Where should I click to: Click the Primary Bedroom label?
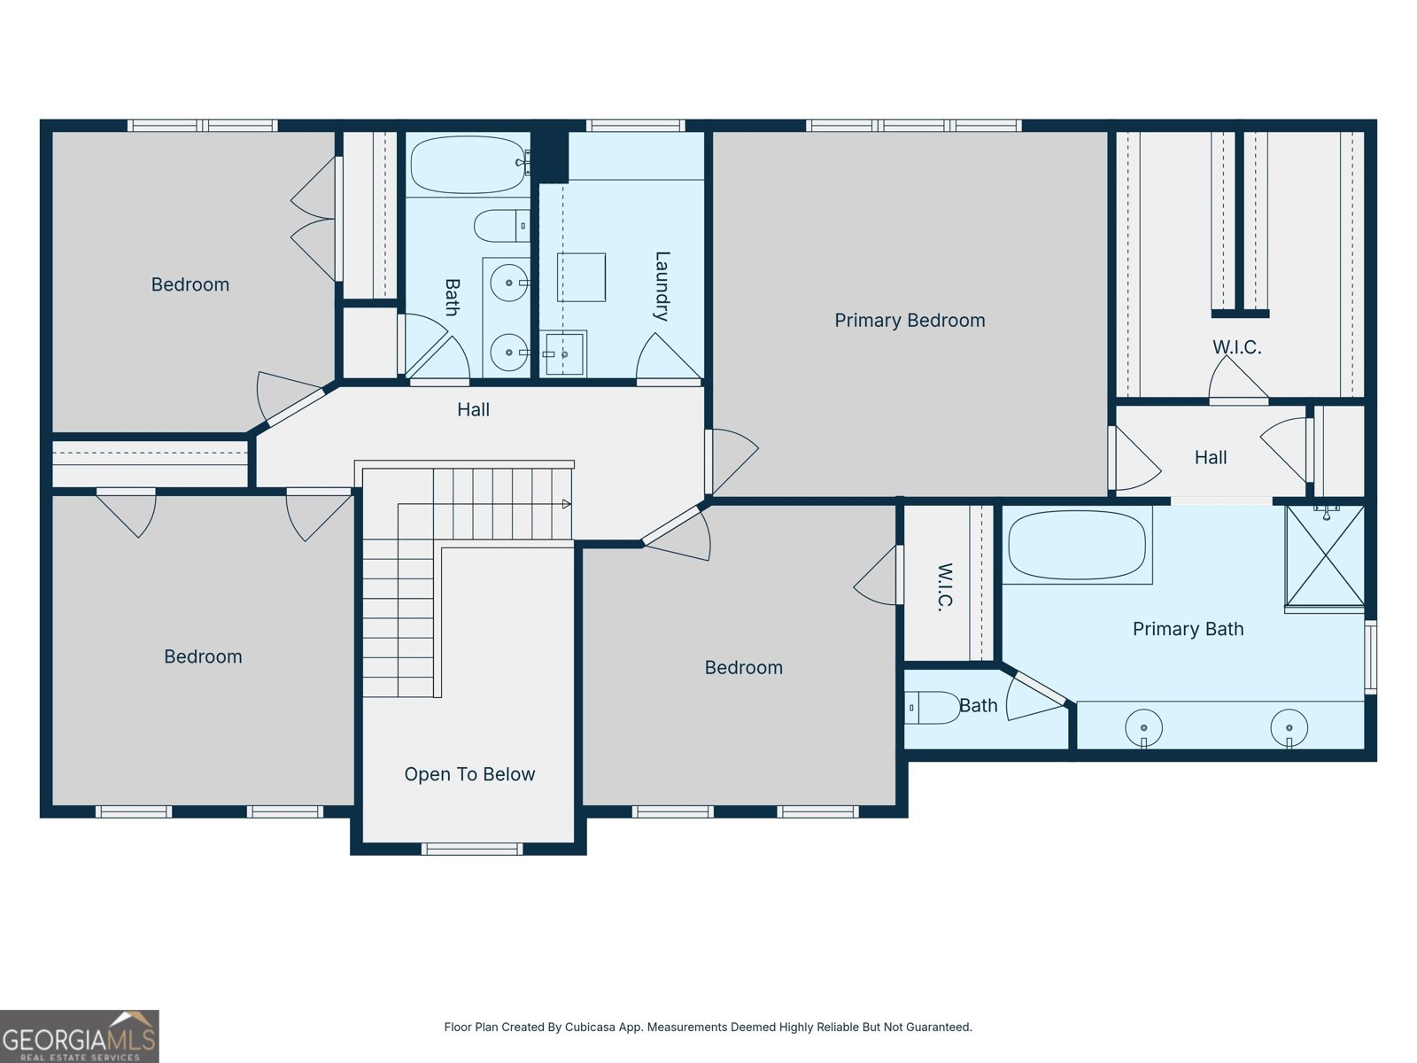(910, 321)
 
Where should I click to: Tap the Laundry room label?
(661, 285)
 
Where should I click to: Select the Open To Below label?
(469, 774)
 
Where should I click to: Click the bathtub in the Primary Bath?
(1077, 546)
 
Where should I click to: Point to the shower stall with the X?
(1325, 556)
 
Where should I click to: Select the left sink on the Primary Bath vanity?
(1143, 728)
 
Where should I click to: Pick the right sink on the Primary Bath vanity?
(1289, 728)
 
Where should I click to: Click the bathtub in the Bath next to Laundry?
(468, 165)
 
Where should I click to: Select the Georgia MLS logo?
(79, 1036)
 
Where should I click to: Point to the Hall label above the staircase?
(473, 410)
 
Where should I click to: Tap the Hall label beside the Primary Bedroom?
(1211, 458)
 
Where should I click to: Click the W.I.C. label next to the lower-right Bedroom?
(945, 586)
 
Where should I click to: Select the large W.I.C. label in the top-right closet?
(1237, 347)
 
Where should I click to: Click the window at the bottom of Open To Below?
(472, 849)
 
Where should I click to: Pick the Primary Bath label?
(1188, 629)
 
